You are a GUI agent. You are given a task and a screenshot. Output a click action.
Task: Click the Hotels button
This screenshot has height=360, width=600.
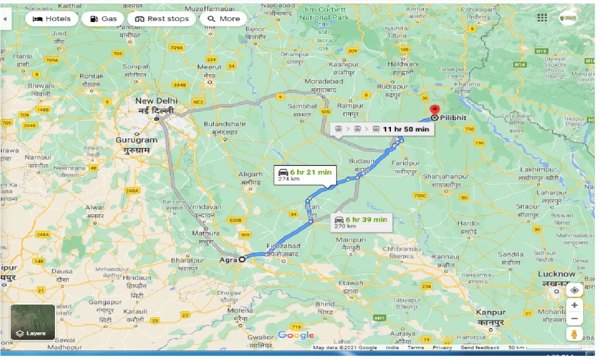52,19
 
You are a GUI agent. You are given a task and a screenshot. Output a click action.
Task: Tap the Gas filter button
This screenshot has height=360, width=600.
103,19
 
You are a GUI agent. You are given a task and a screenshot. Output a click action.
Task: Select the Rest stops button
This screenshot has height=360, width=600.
162,19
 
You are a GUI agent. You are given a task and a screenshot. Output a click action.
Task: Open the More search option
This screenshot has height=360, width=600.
224,19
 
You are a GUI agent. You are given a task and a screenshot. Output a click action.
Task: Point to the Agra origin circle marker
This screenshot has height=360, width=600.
242,259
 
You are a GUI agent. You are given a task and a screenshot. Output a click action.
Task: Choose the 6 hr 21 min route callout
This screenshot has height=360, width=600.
305,175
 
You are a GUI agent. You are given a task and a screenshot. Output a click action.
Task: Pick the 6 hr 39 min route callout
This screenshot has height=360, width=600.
361,222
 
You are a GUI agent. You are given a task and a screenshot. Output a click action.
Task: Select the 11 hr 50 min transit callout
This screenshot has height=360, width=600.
382,129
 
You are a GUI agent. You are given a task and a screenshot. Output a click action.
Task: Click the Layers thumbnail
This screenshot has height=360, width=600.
33,322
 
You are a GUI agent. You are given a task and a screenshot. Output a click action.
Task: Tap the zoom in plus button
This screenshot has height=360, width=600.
574,305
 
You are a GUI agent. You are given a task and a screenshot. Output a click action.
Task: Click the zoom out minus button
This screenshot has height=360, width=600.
574,319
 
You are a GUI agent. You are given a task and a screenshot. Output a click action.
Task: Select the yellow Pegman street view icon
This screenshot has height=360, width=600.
574,334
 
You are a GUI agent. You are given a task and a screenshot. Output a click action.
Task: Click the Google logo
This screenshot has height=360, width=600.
296,335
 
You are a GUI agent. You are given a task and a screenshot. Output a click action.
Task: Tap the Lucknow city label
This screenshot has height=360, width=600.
556,274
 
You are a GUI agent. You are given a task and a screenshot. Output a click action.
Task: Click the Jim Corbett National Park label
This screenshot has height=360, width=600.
325,13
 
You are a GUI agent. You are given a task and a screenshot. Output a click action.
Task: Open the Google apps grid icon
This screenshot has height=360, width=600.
542,17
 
